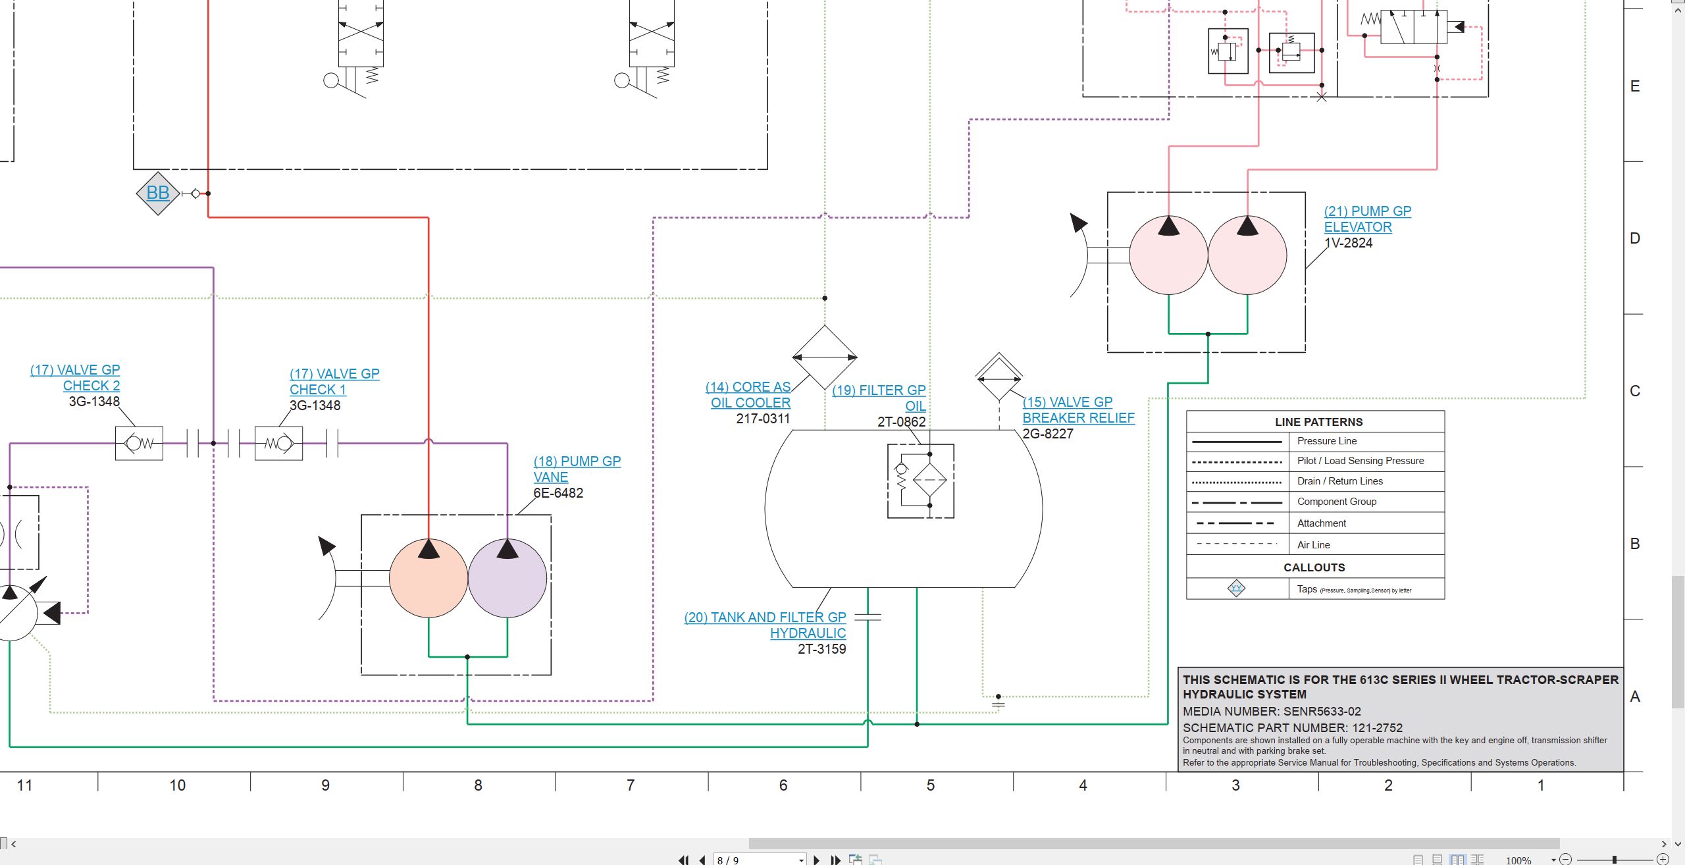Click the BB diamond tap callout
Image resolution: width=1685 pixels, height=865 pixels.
click(158, 193)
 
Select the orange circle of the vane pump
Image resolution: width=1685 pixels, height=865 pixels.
click(428, 578)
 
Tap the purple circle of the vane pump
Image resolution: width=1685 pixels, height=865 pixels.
click(507, 578)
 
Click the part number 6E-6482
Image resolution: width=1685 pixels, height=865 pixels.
click(558, 493)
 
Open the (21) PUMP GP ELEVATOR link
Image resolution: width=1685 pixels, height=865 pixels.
click(1368, 219)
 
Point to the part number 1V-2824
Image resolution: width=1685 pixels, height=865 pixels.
click(1349, 243)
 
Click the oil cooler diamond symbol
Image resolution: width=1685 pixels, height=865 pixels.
click(825, 357)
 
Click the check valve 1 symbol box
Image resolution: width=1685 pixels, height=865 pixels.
click(278, 443)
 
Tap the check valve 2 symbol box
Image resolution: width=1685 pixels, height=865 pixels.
click(139, 443)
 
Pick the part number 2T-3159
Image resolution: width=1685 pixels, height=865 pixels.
click(822, 649)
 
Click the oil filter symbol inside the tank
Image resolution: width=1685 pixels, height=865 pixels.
click(921, 481)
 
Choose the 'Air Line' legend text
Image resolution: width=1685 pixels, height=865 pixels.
click(1314, 545)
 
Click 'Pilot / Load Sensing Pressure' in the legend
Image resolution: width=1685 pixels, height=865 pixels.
click(1361, 461)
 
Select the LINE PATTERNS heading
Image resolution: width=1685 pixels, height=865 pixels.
click(1319, 422)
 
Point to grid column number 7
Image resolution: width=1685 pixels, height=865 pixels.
click(631, 785)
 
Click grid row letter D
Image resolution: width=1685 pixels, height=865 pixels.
click(1635, 238)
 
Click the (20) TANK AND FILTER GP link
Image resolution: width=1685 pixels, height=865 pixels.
click(765, 617)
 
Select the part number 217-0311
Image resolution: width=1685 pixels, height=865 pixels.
click(763, 419)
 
